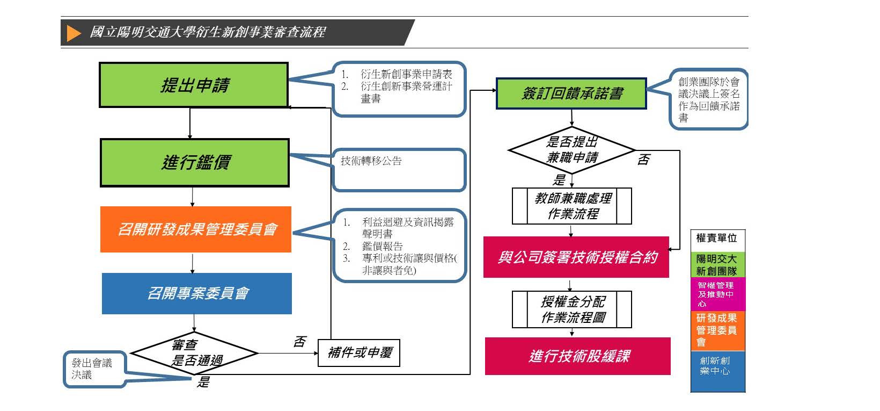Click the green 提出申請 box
[194, 85]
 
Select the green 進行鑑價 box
[195, 163]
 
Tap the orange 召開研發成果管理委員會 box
[196, 229]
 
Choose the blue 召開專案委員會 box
[197, 293]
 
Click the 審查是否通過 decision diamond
[195, 353]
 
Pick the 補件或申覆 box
[359, 353]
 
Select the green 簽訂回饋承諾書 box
[571, 93]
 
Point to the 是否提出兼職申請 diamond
[571, 150]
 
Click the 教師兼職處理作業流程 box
[572, 206]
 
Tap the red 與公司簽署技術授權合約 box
[576, 257]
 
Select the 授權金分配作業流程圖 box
[572, 309]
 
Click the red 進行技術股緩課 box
[578, 356]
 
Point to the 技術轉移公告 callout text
[371, 161]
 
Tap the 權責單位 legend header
[717, 238]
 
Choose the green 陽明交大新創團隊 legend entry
[717, 265]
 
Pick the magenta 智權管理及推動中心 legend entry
[717, 294]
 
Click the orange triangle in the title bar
[74, 33]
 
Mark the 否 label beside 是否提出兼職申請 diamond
[643, 160]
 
